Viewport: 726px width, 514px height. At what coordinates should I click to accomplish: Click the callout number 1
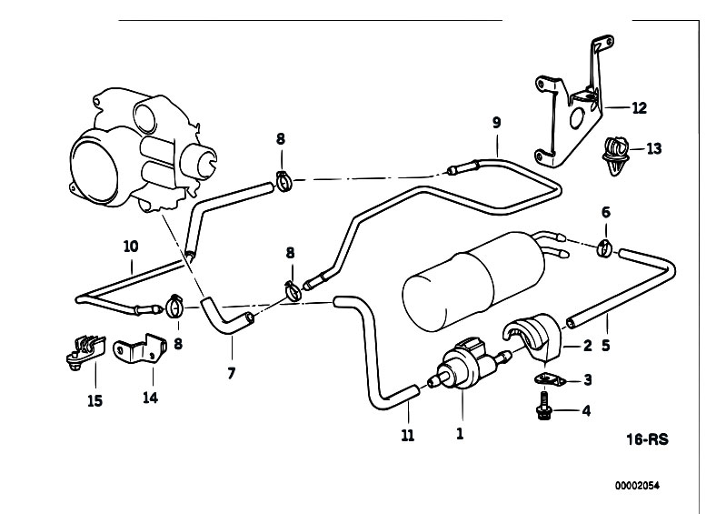pyautogui.click(x=460, y=435)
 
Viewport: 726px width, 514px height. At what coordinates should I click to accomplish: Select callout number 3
pyautogui.click(x=586, y=380)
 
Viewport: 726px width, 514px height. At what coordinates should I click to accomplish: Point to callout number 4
pyautogui.click(x=586, y=410)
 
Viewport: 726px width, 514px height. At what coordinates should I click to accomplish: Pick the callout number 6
pyautogui.click(x=605, y=212)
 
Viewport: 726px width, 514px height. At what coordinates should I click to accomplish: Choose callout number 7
pyautogui.click(x=231, y=373)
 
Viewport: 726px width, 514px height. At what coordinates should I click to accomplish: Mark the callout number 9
pyautogui.click(x=496, y=122)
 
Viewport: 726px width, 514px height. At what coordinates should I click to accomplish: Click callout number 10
pyautogui.click(x=131, y=246)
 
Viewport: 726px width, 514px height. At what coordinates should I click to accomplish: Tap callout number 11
pyautogui.click(x=408, y=436)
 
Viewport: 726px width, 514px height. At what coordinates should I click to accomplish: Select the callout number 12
pyautogui.click(x=639, y=108)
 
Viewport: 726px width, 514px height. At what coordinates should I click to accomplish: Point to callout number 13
pyautogui.click(x=655, y=149)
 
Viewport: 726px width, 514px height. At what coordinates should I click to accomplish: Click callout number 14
pyautogui.click(x=149, y=398)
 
